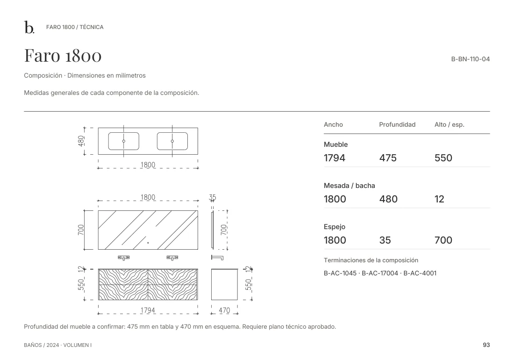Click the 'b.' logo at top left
[29, 27]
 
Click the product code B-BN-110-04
[471, 59]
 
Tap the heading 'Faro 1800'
[63, 55]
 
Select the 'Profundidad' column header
[397, 124]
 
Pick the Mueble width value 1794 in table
[335, 158]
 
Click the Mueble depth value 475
[388, 158]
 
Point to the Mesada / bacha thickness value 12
[439, 199]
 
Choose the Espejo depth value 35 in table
[385, 240]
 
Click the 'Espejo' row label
[335, 227]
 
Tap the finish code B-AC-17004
[379, 273]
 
